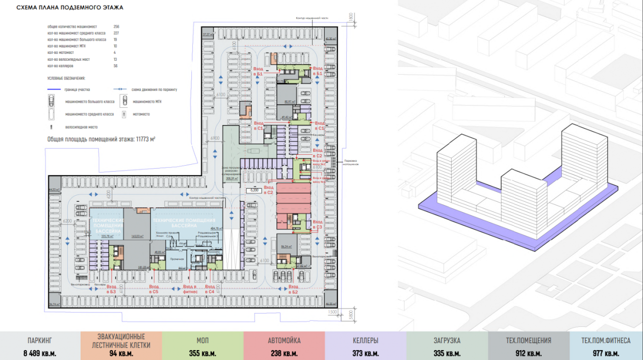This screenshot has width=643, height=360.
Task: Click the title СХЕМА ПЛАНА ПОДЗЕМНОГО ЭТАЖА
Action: click(70, 8)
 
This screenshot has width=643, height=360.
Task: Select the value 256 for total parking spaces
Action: click(116, 26)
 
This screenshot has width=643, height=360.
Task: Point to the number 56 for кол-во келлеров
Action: click(115, 66)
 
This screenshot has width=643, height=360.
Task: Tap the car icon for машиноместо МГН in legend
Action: click(124, 102)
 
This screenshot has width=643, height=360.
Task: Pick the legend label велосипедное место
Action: click(78, 127)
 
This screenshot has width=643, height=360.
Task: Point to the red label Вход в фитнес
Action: click(190, 289)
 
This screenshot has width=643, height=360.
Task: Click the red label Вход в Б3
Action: click(111, 289)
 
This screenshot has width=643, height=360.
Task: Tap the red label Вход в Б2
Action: click(294, 289)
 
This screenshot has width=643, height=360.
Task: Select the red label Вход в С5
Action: click(154, 289)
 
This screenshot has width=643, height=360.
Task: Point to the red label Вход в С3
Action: click(318, 225)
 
